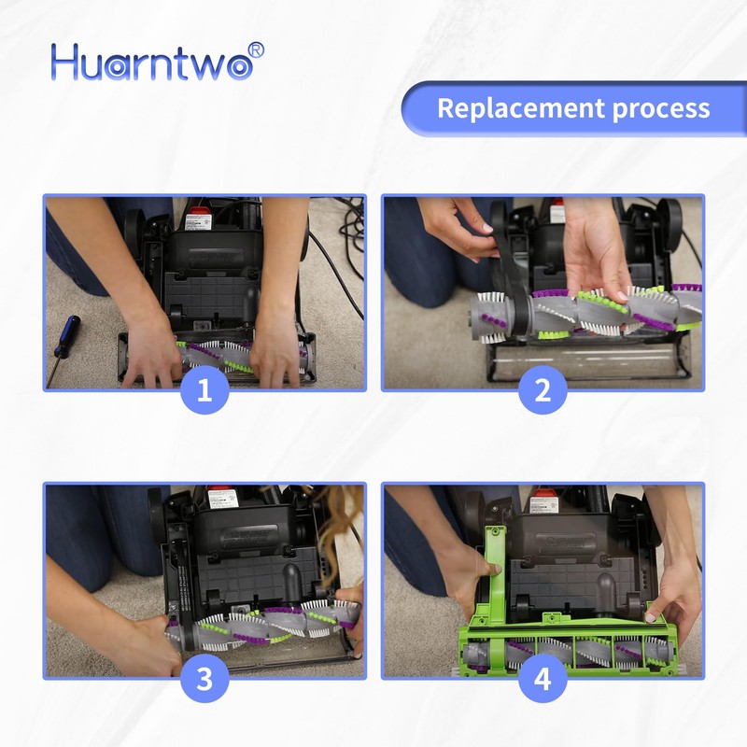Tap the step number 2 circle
(543, 390)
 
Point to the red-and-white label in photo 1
(198, 221)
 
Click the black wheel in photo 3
(156, 509)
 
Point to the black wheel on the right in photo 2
(669, 219)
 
